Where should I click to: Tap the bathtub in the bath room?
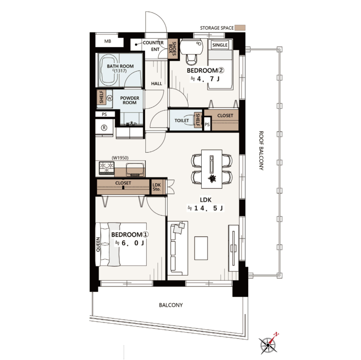tap(109, 70)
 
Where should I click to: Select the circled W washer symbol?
tap(109, 98)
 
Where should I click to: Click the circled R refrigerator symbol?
tap(104, 128)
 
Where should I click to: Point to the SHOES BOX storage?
tap(173, 49)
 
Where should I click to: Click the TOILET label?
tap(182, 120)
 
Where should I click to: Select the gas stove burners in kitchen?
tap(106, 168)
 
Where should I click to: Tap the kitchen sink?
tap(135, 169)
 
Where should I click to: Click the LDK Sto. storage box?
tap(157, 187)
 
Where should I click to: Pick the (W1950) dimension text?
tap(120, 158)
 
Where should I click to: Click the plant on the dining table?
tap(212, 178)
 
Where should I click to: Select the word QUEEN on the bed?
tap(98, 244)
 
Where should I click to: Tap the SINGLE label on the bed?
tap(220, 45)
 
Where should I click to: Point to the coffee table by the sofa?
tap(201, 248)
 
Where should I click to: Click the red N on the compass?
tap(276, 334)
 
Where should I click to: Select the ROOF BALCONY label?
tap(261, 151)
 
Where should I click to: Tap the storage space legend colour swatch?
tap(240, 28)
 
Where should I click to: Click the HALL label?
tap(157, 84)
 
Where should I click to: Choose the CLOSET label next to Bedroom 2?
tap(225, 115)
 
